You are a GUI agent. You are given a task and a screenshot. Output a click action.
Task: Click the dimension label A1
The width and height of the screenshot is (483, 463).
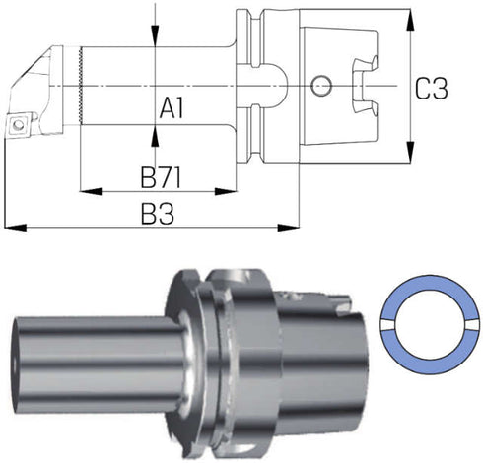coord(172,108)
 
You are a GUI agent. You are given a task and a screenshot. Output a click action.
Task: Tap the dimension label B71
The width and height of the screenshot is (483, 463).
coord(161,177)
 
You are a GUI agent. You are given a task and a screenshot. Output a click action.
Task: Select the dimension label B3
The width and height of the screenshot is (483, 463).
coord(158,214)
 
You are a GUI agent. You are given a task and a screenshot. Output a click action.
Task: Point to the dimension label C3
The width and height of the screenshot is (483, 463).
coord(431,89)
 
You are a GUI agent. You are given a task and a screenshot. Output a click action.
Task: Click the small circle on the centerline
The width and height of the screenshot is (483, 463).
coord(321,86)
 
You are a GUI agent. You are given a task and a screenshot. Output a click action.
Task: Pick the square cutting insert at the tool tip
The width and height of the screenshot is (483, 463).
coord(18,124)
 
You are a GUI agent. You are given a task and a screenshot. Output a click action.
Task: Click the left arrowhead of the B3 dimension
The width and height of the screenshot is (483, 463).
coord(16,227)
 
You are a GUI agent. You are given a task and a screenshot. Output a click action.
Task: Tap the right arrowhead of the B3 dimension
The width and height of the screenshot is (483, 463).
coord(288,227)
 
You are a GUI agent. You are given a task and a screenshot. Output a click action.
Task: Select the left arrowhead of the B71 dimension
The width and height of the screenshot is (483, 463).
coord(91,191)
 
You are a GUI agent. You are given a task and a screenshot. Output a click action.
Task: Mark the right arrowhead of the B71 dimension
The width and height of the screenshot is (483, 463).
coord(226,191)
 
